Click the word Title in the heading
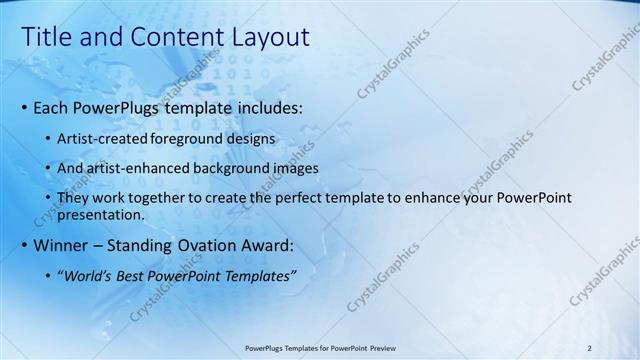pyautogui.click(x=46, y=37)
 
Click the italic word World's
pyautogui.click(x=88, y=276)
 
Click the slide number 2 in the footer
pyautogui.click(x=590, y=348)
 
